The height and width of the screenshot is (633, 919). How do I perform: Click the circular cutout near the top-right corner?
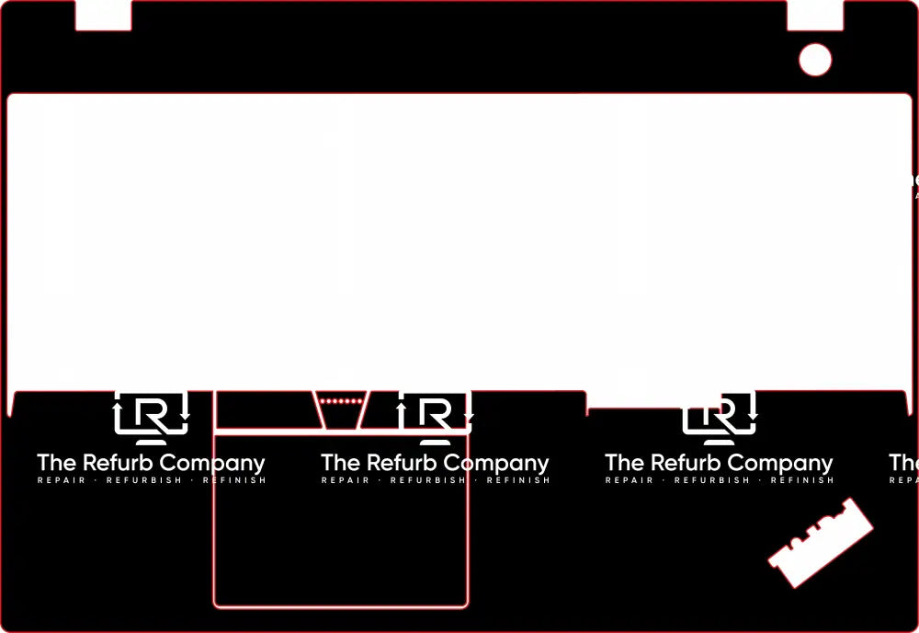(815, 60)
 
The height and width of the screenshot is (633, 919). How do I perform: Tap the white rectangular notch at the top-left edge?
(103, 16)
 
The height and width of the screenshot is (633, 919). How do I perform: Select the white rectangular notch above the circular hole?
(815, 15)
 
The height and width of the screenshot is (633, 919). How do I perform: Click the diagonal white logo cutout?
(821, 543)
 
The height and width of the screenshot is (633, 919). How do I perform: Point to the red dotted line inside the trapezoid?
(341, 401)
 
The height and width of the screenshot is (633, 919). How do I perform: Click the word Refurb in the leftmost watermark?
(117, 463)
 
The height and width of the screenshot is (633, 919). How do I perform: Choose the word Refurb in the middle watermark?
(401, 463)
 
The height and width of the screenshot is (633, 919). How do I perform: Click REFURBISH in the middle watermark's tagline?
(428, 480)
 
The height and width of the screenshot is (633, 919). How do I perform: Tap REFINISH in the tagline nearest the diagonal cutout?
(802, 480)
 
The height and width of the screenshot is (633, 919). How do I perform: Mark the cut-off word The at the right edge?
(903, 463)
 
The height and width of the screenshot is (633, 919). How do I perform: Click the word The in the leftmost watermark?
(57, 463)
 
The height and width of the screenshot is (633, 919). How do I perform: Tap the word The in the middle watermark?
(341, 463)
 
